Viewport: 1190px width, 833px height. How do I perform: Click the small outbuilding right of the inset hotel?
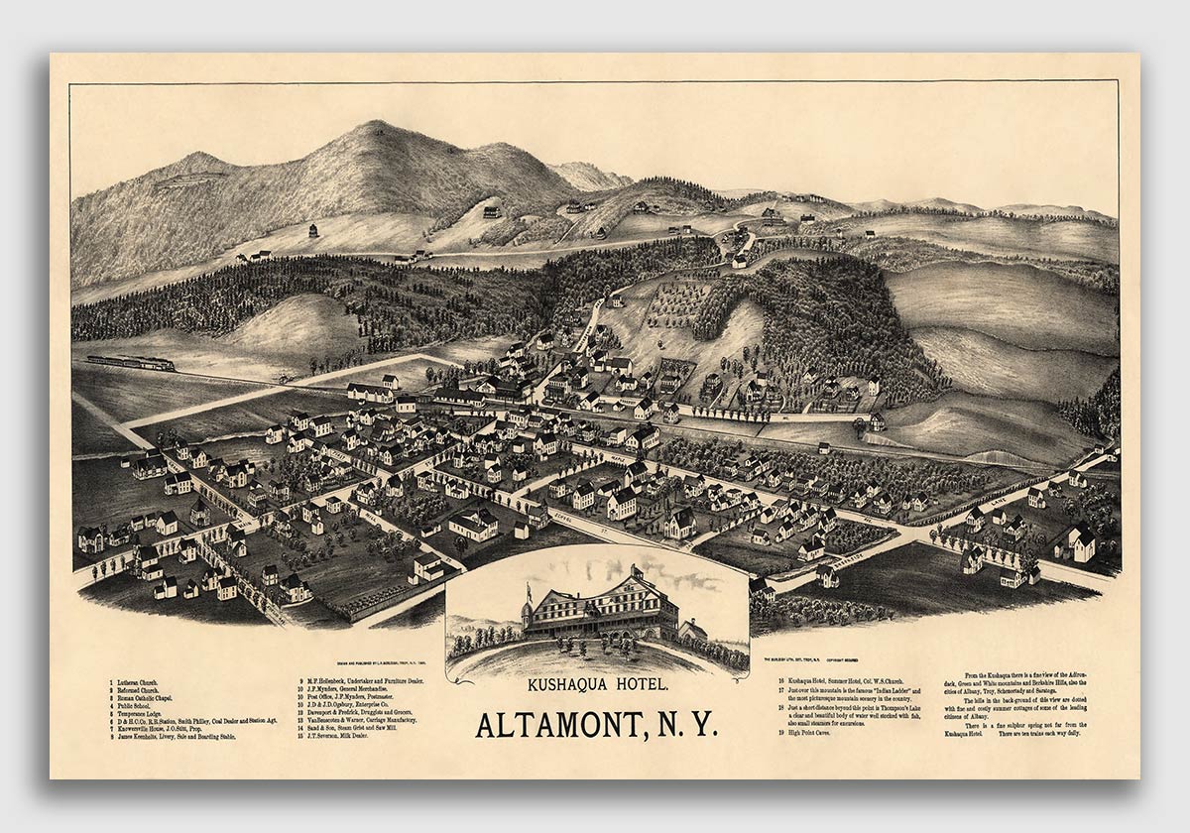point(693,630)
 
